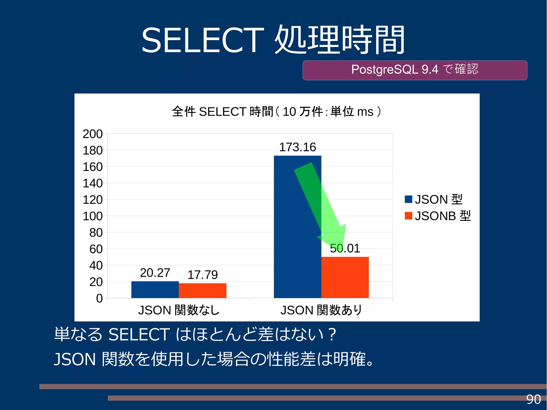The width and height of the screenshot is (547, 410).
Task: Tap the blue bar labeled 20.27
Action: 155,290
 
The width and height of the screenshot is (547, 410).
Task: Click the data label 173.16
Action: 297,147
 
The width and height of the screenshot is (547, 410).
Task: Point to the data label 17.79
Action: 202,275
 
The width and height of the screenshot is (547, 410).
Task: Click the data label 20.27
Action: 155,273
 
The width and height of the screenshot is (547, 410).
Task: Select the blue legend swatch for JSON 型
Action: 408,199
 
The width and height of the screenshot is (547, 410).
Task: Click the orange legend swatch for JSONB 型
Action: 408,216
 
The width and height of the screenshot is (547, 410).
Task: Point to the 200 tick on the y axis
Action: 92,134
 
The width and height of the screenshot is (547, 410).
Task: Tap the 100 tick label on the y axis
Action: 92,216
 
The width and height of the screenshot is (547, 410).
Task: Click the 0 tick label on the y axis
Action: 99,298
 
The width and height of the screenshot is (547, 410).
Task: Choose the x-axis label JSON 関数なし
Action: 179,310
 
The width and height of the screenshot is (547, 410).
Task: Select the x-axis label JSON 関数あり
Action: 321,310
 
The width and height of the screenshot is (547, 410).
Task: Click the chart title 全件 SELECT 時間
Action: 276,111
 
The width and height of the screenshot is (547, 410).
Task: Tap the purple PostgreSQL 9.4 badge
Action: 415,70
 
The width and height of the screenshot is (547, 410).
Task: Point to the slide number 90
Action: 533,400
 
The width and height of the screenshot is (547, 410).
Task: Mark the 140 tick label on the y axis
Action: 92,183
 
